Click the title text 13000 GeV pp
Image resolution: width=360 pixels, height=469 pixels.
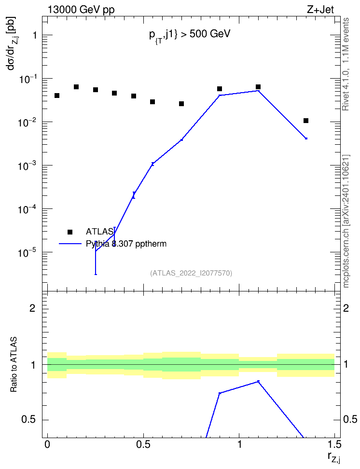81,10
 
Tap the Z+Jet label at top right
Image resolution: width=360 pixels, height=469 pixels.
320,10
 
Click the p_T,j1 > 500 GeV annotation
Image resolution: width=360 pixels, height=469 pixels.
190,35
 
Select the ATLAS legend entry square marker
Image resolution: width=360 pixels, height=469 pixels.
70,232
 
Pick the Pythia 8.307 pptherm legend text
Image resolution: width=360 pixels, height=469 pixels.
126,244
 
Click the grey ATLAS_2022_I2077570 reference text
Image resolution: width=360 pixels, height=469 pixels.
191,273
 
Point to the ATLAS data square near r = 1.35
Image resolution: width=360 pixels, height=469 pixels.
306,121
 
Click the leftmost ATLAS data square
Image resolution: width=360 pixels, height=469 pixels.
57,96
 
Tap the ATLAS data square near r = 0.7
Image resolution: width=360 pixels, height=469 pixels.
181,104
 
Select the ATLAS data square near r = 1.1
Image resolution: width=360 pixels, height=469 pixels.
258,87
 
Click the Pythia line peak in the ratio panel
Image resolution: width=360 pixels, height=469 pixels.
258,381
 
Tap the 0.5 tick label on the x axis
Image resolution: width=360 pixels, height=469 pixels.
143,444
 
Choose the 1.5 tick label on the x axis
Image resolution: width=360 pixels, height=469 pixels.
334,444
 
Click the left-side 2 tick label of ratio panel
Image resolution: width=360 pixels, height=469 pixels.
33,308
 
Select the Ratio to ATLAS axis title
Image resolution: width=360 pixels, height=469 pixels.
14,365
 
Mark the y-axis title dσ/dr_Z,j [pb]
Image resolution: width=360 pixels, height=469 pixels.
13,43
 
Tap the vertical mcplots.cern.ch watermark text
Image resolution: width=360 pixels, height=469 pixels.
346,221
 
